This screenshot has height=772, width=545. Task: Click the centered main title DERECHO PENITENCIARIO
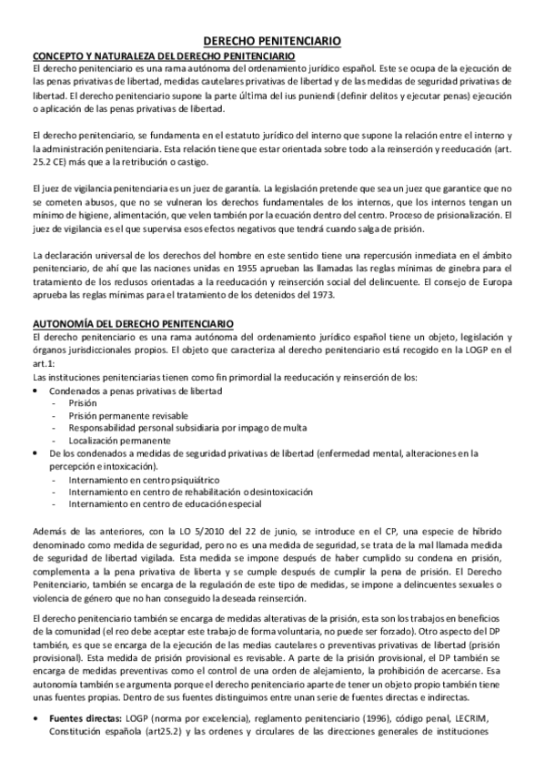click(271, 41)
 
